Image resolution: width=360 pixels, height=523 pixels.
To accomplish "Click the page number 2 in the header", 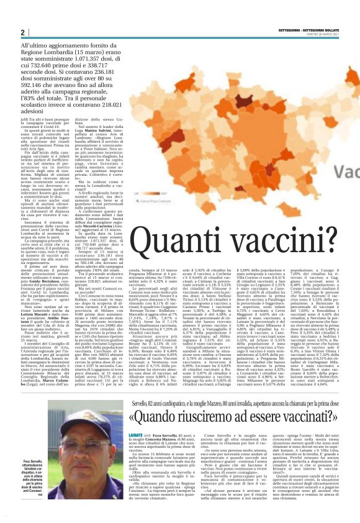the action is pyautogui.click(x=22, y=33).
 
